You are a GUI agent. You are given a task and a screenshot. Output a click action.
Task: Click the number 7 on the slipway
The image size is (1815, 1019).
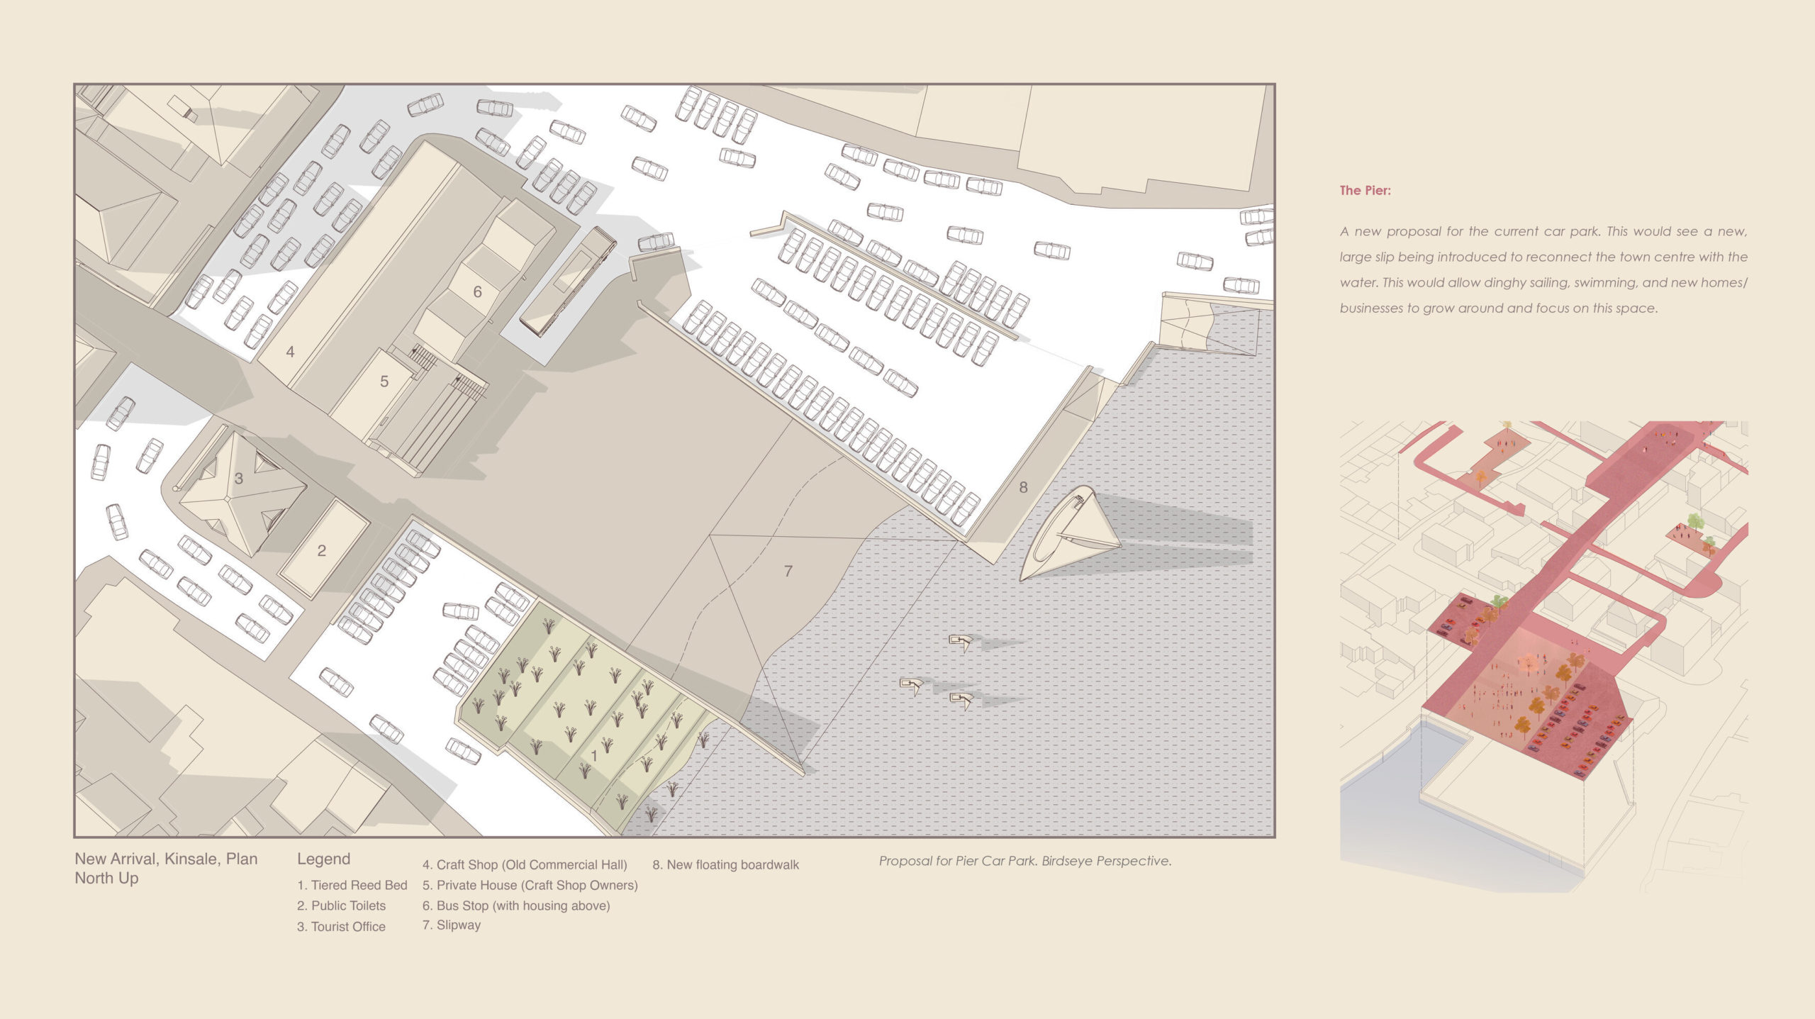coord(788,571)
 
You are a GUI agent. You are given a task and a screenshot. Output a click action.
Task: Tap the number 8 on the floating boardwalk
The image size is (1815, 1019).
coord(1023,487)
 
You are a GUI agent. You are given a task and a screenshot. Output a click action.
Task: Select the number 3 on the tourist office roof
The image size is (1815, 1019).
coord(239,479)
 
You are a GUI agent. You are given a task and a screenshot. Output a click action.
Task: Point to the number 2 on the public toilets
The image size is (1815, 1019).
coord(322,550)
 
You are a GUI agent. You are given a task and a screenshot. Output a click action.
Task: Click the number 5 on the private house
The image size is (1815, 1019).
coord(384,382)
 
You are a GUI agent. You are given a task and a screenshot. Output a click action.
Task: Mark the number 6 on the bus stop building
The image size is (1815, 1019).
coord(477,291)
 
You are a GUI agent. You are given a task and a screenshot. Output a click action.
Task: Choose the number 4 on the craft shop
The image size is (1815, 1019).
coord(290,351)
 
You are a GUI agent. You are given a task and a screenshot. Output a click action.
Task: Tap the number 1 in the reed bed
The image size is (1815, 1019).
coord(594,757)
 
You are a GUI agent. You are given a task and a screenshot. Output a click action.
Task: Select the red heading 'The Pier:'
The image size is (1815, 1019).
coord(1365,190)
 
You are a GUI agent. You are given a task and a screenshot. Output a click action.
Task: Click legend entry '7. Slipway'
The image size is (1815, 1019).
coord(452,925)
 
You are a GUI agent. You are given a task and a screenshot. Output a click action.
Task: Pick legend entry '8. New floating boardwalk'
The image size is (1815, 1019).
coord(726,864)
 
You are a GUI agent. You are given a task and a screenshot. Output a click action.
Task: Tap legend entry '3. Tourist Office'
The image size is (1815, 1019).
coord(341,926)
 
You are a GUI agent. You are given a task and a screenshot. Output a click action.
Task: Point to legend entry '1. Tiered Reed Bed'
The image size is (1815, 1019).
coord(352,885)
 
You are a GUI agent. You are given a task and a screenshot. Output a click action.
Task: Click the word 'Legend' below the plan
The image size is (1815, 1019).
coord(323,859)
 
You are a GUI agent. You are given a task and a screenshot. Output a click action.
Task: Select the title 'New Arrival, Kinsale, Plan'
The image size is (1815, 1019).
coord(166,859)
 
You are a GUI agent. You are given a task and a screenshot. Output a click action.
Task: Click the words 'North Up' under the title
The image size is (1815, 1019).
coord(106,878)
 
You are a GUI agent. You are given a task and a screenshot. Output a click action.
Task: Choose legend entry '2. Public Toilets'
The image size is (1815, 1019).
coord(342,906)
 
